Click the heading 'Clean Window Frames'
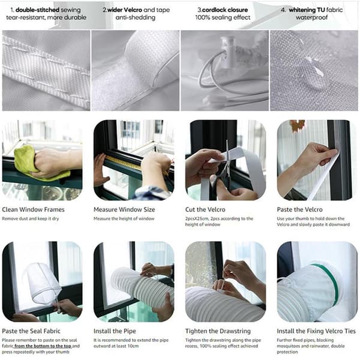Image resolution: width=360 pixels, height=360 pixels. pos(33,209)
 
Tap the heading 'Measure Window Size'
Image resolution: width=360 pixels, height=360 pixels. pos(124,209)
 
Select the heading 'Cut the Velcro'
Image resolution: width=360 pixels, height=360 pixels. pos(205,209)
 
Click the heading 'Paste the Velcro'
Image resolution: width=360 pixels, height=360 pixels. pos(299,209)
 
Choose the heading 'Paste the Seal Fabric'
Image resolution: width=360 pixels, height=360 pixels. pos(31,331)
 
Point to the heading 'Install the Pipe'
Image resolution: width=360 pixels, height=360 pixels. pos(115,331)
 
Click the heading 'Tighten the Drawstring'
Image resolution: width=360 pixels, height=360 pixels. pos(218,331)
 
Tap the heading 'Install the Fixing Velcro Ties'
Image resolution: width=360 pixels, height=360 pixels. pos(316,331)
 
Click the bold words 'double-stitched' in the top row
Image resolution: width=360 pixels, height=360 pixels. pos(37,10)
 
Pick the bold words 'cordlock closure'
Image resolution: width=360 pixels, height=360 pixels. pos(225,10)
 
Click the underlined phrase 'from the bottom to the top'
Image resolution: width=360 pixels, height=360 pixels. pos(43,346)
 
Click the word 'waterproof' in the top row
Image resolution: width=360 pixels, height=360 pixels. pos(311,17)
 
